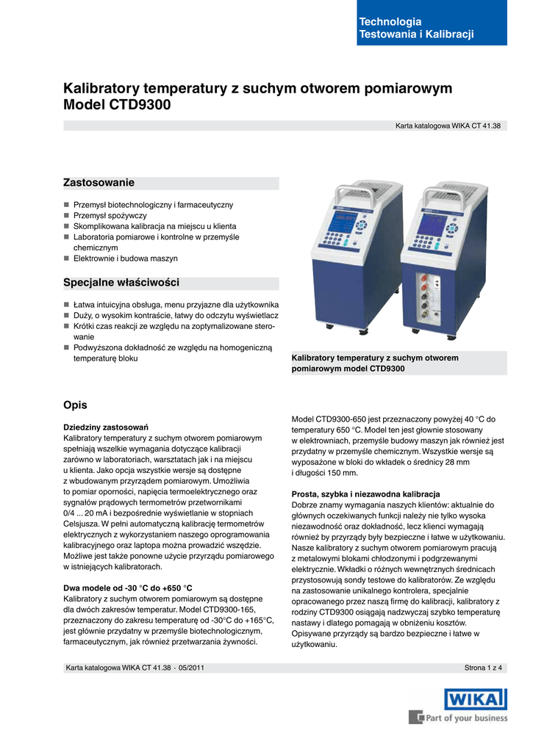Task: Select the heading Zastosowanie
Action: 99,182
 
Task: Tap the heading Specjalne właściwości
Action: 121,283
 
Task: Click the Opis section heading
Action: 75,405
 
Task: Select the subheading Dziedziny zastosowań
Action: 106,427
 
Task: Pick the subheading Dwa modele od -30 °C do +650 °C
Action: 128,588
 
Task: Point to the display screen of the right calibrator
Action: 432,225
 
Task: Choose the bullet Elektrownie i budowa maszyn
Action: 125,258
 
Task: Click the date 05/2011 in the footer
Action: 193,668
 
